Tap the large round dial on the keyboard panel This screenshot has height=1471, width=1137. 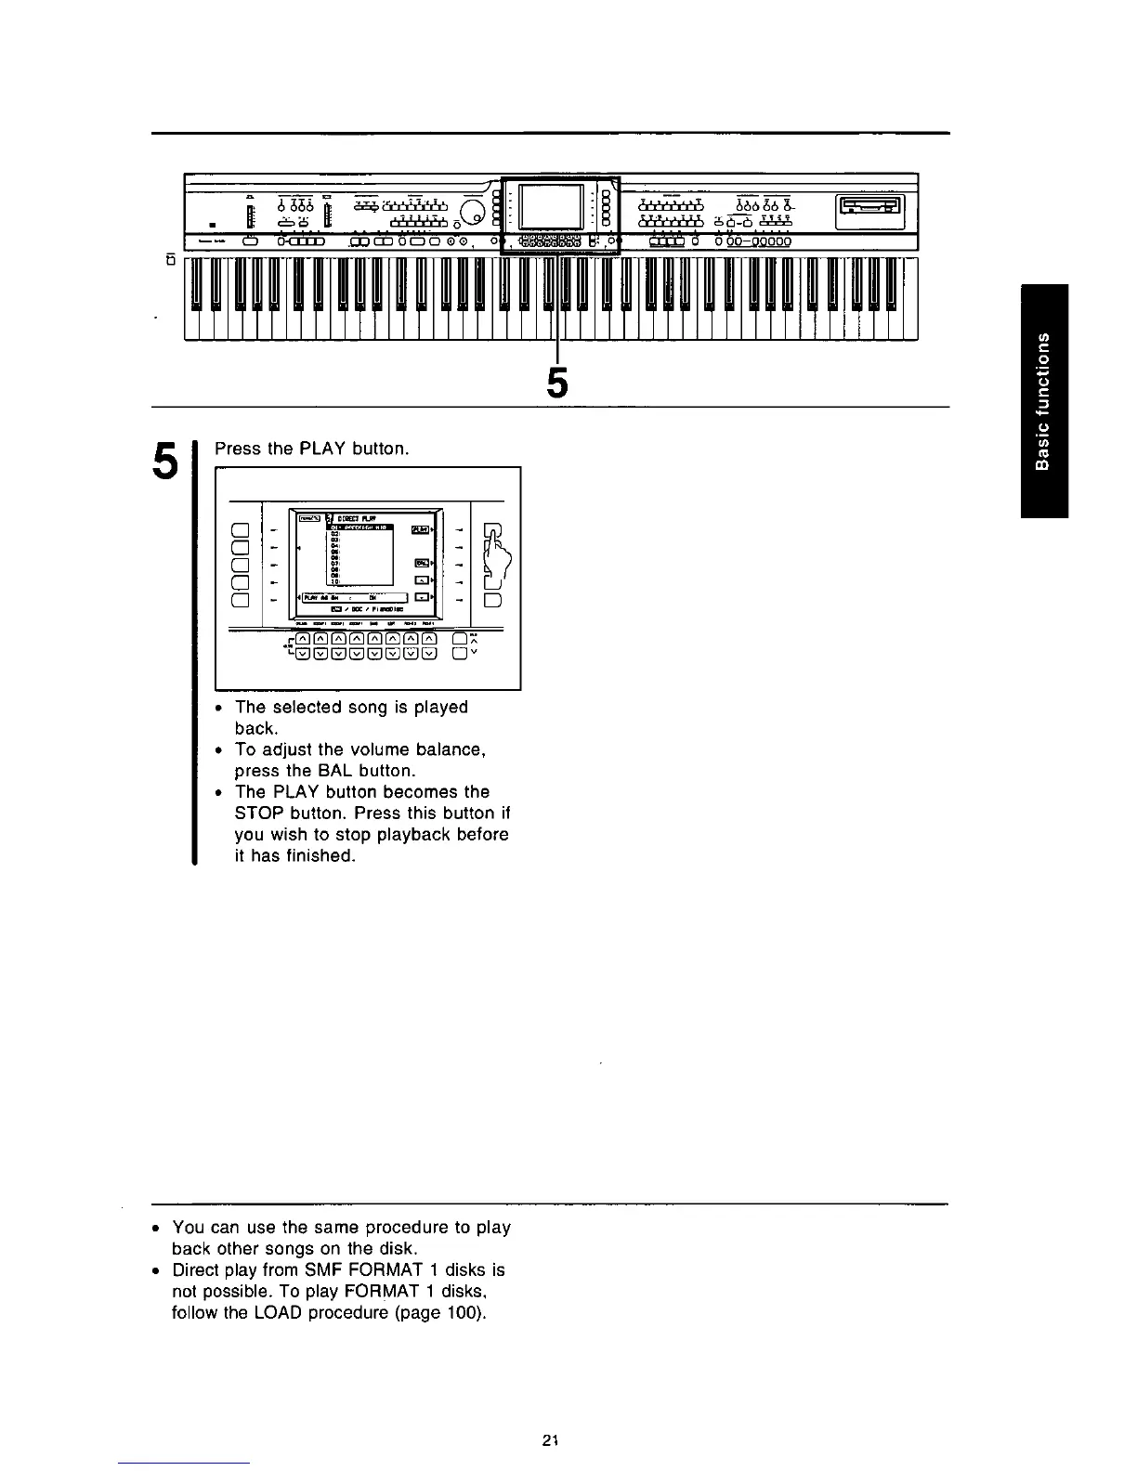click(x=474, y=213)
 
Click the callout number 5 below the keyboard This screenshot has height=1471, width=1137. click(x=556, y=383)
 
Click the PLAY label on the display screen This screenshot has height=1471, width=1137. click(x=421, y=528)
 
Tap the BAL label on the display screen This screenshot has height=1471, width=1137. click(x=422, y=563)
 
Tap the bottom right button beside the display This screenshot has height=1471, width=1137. click(x=492, y=599)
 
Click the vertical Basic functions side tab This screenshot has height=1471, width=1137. click(x=1044, y=400)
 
